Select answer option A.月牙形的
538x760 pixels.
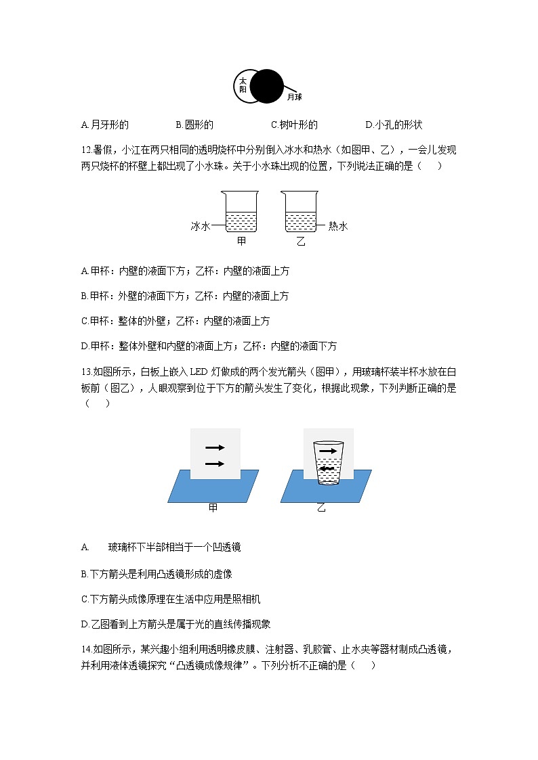tap(104, 125)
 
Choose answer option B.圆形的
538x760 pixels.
tap(194, 125)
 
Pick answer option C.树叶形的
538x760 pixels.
tap(294, 125)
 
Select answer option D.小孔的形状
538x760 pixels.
tap(394, 125)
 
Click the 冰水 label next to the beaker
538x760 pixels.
tap(200, 226)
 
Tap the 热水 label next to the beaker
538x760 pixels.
tap(337, 226)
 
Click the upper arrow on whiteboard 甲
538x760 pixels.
tap(215, 447)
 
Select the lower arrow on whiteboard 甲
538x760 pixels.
tap(215, 464)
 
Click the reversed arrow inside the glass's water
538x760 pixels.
tap(327, 468)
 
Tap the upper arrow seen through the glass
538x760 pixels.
tap(327, 450)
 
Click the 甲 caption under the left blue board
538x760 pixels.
tap(213, 508)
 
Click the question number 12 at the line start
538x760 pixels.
tap(85, 150)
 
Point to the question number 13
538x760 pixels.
tap(85, 372)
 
